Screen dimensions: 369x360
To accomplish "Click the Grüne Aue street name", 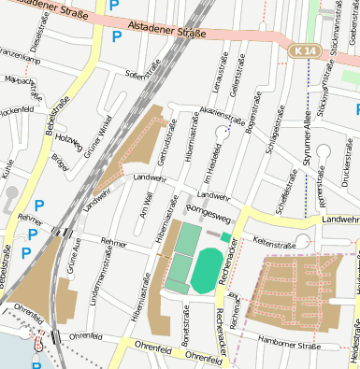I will tap(73, 256).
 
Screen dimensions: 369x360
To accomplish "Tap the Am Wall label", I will tap(144, 205).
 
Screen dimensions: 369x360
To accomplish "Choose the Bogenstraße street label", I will tap(250, 127).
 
